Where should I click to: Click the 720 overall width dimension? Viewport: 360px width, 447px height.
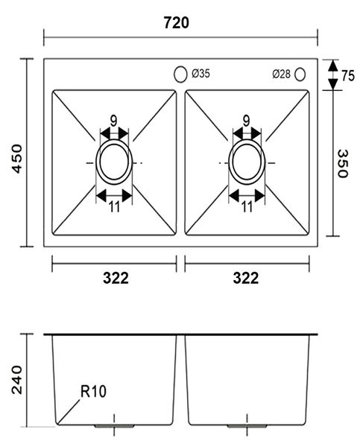coord(177,23)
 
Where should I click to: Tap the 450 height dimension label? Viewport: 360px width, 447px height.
coord(17,159)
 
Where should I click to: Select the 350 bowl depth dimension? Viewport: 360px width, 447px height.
coord(342,164)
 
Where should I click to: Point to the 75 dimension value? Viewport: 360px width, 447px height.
coord(348,76)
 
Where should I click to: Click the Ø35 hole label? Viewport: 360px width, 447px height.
coord(200,74)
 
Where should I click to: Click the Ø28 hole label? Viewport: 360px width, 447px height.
coord(281,74)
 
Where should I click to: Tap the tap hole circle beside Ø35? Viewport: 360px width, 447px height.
coord(180,74)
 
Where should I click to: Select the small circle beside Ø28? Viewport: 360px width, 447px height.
coord(300,74)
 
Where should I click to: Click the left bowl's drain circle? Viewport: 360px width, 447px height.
coord(96,162)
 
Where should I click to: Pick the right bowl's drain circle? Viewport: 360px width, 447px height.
coord(229,162)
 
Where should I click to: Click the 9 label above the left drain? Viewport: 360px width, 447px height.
coord(113,121)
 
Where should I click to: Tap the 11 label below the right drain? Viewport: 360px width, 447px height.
coord(247,207)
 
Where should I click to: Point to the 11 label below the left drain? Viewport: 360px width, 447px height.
coord(114,207)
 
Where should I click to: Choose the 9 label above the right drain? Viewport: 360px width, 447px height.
coord(246,121)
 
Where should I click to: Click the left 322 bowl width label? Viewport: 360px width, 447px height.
coord(116,278)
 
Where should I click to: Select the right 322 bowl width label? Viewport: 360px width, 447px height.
coord(246,278)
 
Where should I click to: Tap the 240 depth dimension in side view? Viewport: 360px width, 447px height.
coord(17,380)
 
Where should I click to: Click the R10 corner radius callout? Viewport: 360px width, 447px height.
coord(93,391)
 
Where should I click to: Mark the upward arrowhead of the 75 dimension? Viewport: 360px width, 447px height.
coord(332,66)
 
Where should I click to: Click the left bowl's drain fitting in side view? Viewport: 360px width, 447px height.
coord(114,426)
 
